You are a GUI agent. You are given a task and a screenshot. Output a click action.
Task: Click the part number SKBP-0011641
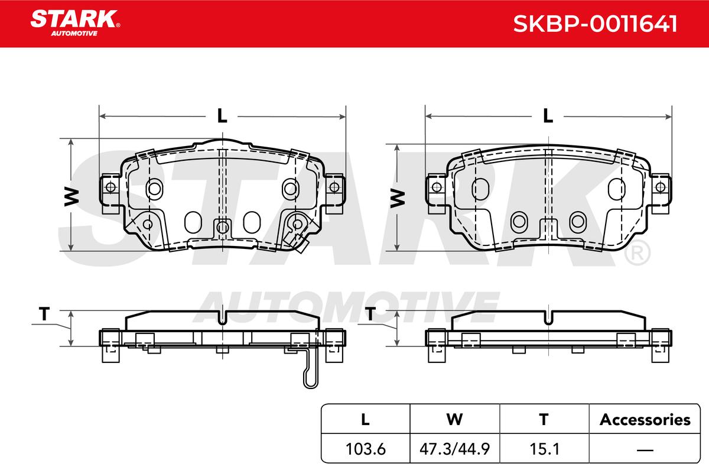point(595,24)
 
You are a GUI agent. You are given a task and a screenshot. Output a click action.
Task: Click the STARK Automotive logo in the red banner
point(75,23)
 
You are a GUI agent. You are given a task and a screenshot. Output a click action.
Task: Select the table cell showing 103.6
point(366,449)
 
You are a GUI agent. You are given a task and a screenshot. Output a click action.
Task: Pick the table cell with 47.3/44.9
point(454,449)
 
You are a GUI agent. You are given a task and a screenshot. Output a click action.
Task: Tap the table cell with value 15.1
point(544,449)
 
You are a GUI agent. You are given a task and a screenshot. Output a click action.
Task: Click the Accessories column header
point(645,419)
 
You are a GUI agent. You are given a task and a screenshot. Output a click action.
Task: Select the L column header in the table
point(365,419)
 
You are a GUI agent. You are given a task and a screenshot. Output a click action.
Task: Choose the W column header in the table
point(454,419)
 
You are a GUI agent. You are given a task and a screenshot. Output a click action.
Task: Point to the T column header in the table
point(544,419)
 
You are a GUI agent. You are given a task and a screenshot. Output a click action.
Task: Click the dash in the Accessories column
point(645,450)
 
